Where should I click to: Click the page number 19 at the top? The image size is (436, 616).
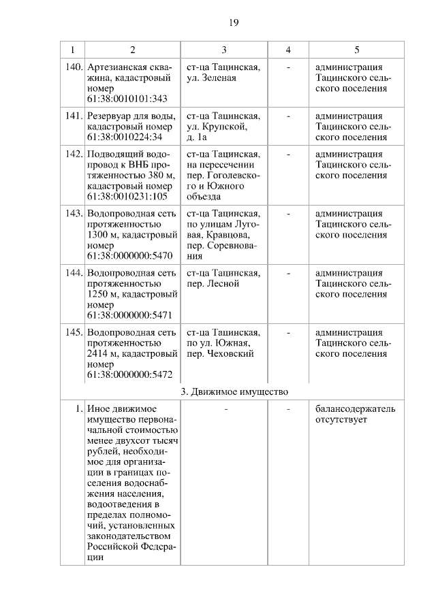(x=233, y=22)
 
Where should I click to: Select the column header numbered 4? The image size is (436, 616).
(x=288, y=50)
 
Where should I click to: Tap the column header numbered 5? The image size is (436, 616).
(x=356, y=50)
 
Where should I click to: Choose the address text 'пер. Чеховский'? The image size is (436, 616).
(x=220, y=354)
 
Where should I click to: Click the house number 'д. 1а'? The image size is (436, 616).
(x=197, y=137)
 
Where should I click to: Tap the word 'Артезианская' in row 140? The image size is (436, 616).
(x=116, y=67)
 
